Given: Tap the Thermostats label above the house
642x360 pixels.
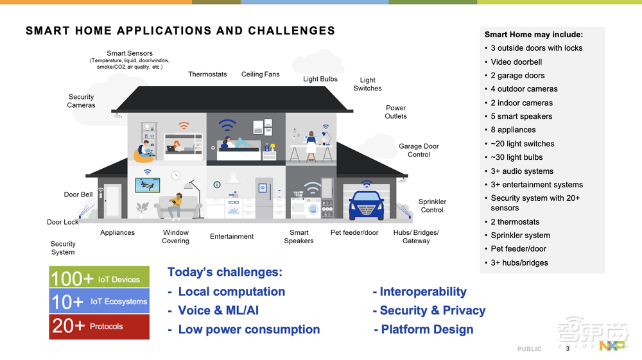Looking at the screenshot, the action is tap(207, 74).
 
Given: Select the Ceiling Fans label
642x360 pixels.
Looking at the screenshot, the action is tap(261, 74).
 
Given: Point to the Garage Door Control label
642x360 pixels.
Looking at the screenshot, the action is tap(419, 150).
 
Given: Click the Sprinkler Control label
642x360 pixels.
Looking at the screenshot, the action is tap(432, 206).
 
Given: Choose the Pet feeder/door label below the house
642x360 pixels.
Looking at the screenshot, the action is tap(354, 232).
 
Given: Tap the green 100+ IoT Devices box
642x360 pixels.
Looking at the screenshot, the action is tap(99, 277).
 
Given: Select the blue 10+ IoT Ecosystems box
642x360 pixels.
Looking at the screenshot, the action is tap(99, 301).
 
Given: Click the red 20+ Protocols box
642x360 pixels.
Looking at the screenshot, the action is tap(99, 327).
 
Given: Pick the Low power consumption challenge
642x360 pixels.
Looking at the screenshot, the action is tap(245, 329).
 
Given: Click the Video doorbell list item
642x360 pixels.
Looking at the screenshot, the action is tap(516, 62).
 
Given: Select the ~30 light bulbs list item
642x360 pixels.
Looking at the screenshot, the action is tap(517, 157).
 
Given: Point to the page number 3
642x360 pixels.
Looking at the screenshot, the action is tap(568, 348).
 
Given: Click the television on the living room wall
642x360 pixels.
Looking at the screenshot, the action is tap(148, 185).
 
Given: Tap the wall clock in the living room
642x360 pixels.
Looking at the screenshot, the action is tap(176, 175).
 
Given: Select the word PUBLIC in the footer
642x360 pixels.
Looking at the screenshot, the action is tap(530, 349).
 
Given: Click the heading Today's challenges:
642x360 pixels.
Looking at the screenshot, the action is tap(225, 272).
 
